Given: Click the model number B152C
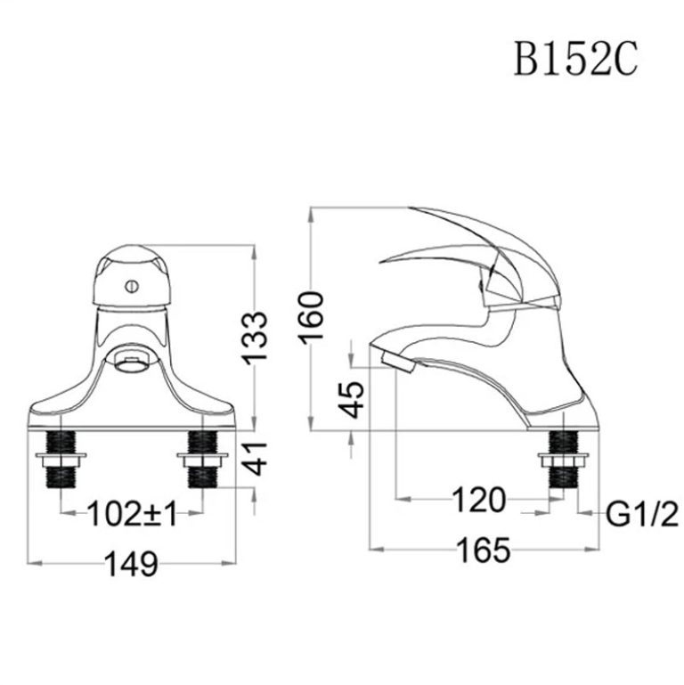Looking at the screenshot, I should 574,60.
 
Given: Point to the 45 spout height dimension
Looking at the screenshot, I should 353,399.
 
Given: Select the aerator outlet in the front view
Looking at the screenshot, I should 133,361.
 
